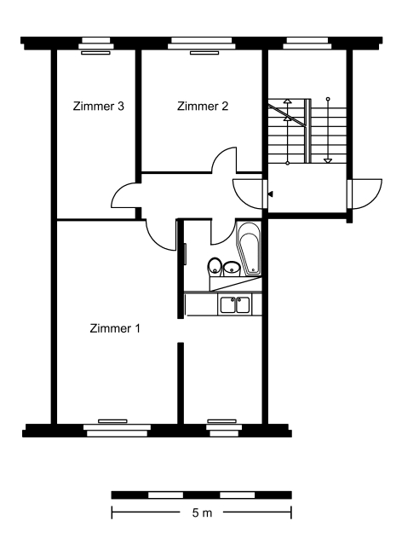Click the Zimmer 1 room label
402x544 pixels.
(x=115, y=328)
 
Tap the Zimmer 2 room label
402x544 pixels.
(x=203, y=106)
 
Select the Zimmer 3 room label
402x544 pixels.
(x=99, y=106)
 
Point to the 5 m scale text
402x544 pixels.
(x=202, y=512)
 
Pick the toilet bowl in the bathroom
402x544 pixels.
(x=215, y=267)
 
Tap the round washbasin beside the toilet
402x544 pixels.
(x=232, y=269)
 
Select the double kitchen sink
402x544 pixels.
(x=234, y=304)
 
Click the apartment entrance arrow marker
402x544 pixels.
(x=270, y=194)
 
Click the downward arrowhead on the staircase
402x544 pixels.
(x=328, y=160)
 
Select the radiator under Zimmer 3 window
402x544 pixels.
(x=95, y=53)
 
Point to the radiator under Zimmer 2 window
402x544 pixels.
(x=204, y=53)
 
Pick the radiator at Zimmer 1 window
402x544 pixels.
(x=112, y=421)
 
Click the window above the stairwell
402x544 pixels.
(x=307, y=43)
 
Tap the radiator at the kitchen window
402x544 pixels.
(x=221, y=421)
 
